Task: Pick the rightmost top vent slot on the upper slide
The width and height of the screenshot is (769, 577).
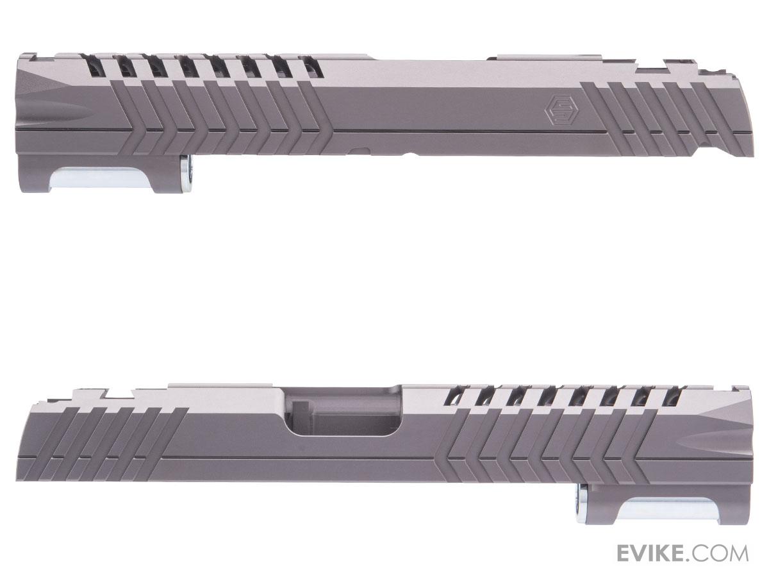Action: (x=313, y=67)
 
